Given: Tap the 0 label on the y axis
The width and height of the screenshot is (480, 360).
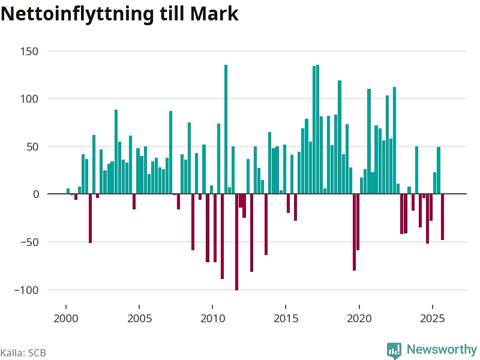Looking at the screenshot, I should pos(35,194).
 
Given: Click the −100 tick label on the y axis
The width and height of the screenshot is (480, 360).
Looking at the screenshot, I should pos(25,290).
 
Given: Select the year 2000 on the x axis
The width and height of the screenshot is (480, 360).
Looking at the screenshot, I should pos(65,318).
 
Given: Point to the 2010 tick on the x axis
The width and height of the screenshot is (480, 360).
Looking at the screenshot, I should pos(212,318).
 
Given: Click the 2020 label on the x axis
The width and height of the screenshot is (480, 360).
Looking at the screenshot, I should pos(359,318).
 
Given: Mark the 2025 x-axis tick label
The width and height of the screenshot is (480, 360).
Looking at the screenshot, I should pos(433,318).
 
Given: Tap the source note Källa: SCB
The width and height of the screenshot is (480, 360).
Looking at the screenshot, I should pos(23,353).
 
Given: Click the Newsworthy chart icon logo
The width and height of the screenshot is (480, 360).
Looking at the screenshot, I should pos(394,350).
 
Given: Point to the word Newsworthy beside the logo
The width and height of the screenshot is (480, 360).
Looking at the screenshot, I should pos(442,349).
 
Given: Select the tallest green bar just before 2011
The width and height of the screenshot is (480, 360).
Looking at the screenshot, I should pos(226,129).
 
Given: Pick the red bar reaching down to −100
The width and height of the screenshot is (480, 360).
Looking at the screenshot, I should pos(236,242).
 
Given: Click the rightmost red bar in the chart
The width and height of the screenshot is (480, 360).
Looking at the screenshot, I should pos(442,217).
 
